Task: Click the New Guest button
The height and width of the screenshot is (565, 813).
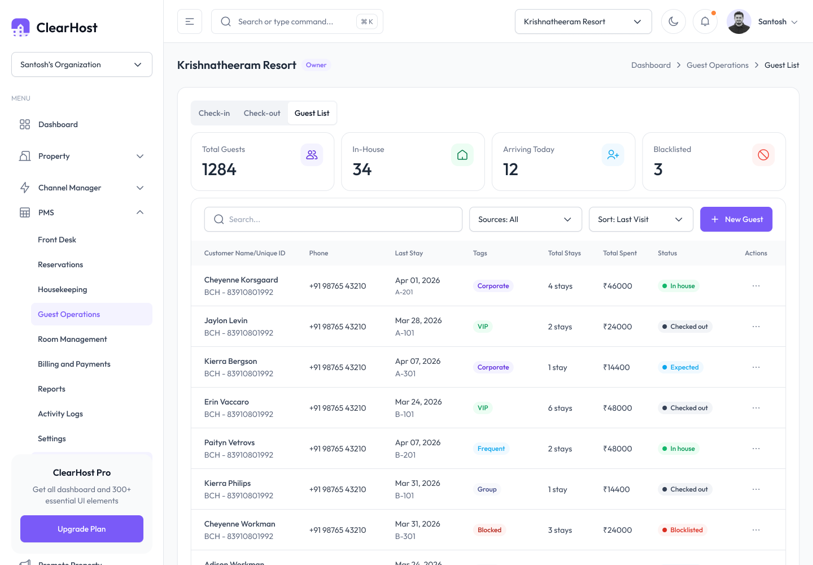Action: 736,219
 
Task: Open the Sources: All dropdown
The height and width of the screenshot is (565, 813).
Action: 525,219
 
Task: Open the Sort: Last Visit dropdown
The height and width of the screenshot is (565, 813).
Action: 641,219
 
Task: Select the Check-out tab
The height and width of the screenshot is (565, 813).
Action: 262,114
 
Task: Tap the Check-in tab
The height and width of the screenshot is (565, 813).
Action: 214,114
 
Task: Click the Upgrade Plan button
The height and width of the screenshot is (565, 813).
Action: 82,529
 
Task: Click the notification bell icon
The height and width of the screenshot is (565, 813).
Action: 705,22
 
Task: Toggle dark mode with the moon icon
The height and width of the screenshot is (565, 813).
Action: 673,22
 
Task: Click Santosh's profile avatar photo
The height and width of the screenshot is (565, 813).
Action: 738,22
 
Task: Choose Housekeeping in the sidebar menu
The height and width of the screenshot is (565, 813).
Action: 63,289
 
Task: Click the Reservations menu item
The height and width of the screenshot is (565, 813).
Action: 60,264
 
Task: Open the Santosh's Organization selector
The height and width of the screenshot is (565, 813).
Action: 82,64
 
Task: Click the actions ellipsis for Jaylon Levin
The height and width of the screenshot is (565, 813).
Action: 756,327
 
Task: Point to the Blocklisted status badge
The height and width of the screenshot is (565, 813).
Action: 683,530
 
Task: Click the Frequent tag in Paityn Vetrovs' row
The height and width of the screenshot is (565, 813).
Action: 491,449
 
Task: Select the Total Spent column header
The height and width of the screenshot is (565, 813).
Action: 619,253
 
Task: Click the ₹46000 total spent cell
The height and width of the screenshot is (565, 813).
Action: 618,286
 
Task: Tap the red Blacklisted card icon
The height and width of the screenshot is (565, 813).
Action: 763,155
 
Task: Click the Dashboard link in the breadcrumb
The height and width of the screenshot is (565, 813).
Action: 651,65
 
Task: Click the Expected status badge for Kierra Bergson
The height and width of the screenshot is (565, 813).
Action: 680,367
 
